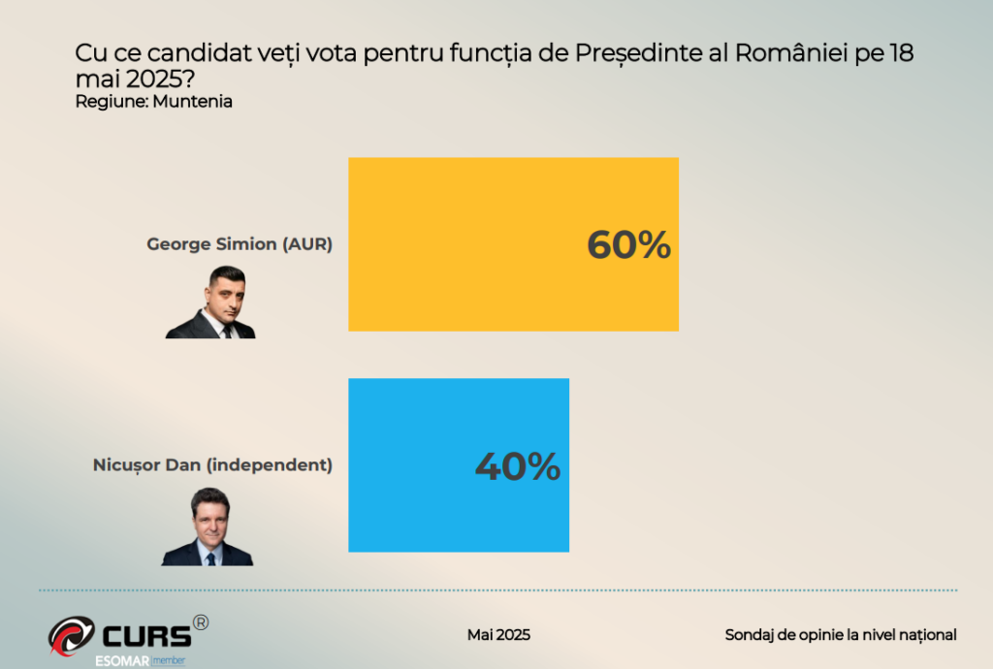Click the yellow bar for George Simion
[465, 244]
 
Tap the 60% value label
[628, 245]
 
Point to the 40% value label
[517, 466]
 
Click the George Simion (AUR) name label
[240, 244]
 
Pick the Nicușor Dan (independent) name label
[212, 465]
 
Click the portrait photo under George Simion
[211, 303]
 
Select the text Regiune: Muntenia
[153, 102]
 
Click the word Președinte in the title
[634, 54]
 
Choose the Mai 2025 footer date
[498, 635]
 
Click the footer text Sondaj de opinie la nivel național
[841, 635]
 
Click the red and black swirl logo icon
[72, 635]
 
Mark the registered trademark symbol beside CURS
[200, 622]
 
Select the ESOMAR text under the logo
[120, 660]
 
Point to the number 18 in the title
[900, 54]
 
